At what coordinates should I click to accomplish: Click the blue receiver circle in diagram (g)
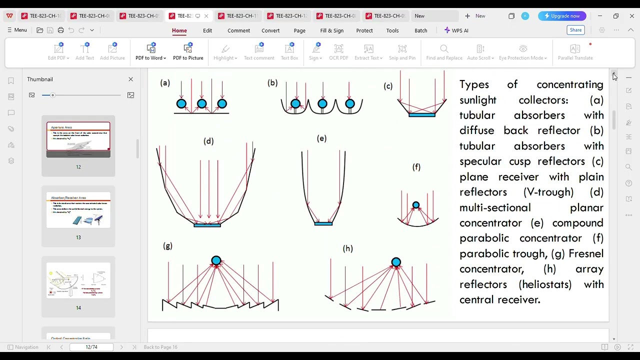216,260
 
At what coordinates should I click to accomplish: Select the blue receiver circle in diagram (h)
396,262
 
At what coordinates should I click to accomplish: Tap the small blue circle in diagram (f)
416,205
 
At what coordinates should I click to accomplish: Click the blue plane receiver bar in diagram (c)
422,115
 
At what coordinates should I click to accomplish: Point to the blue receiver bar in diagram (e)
323,223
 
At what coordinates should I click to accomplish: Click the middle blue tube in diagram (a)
201,104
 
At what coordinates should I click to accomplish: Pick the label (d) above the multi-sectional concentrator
208,141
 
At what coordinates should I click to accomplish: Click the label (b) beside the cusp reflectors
272,83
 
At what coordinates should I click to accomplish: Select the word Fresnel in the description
586,253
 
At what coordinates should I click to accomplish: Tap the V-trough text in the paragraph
548,192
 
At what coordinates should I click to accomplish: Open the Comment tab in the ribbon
238,30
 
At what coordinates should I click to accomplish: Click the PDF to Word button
150,51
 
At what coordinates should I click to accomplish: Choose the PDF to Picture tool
188,51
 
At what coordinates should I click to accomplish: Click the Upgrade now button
562,16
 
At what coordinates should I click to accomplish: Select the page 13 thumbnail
78,210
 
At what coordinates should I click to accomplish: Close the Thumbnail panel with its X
131,79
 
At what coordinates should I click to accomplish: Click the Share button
575,30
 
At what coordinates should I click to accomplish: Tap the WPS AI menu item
456,30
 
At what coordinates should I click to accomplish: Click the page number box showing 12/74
91,347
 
